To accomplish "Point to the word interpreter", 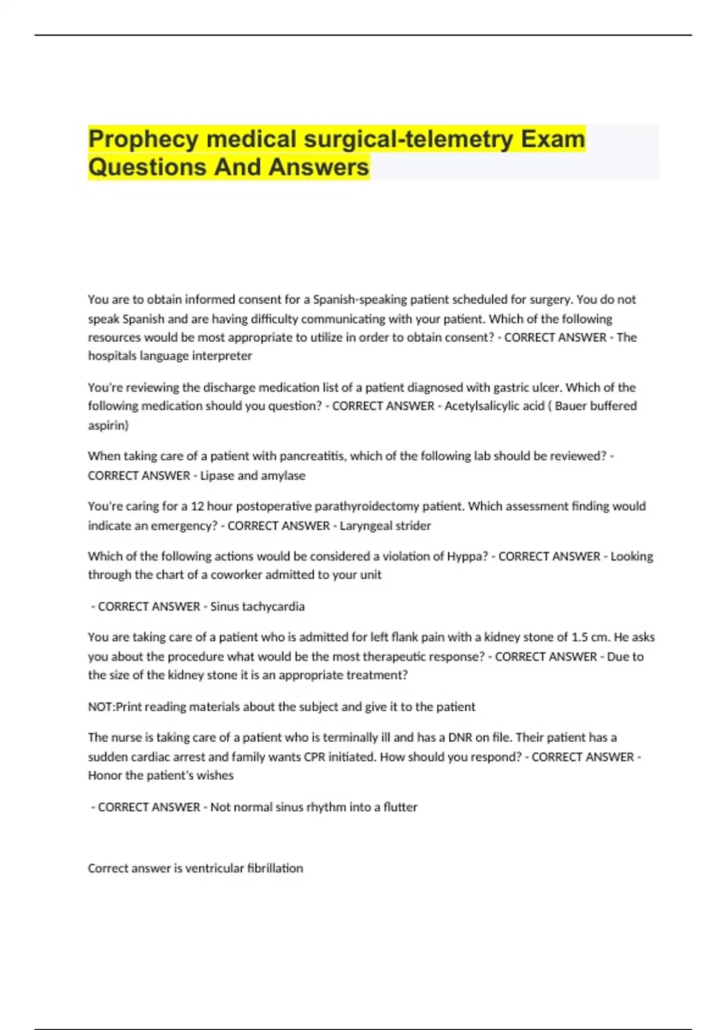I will [x=222, y=356].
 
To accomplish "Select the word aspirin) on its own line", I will [x=108, y=425].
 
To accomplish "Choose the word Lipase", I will [x=217, y=476].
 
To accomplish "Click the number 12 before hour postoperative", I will [x=198, y=506].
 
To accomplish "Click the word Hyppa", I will [x=467, y=556].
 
